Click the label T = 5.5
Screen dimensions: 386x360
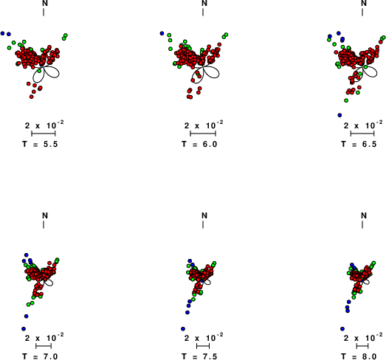[x=40, y=144]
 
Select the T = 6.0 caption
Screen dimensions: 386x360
[x=200, y=144]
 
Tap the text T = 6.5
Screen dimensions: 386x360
[x=359, y=144]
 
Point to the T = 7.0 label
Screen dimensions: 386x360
[x=40, y=356]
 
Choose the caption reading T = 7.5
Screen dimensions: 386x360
[x=200, y=356]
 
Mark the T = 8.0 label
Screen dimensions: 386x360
[x=359, y=356]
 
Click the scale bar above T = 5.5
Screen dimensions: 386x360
[x=44, y=134]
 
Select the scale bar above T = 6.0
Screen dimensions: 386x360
[x=203, y=134]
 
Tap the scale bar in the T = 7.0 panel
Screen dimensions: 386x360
[x=44, y=346]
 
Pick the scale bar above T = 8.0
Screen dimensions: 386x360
[x=362, y=346]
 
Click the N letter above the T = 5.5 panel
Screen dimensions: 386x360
[x=45, y=3]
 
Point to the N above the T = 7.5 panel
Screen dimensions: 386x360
[x=204, y=215]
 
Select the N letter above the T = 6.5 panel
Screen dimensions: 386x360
[x=364, y=3]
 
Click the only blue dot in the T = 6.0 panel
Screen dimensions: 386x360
[x=162, y=33]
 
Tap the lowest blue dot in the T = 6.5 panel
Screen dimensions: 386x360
[x=340, y=115]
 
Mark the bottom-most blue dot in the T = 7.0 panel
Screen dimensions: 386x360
[x=24, y=329]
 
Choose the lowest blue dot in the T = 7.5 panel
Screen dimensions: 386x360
[x=183, y=329]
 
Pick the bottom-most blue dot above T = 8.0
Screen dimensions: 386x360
[x=342, y=329]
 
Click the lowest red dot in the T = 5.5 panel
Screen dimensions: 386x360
[x=31, y=97]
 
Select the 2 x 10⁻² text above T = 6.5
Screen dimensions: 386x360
[x=363, y=125]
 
